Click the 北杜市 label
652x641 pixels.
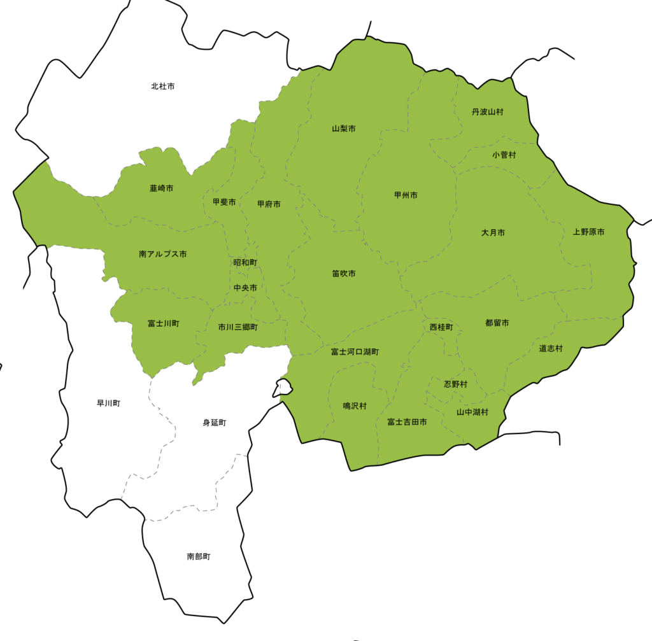tap(163, 86)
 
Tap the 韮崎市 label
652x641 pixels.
tap(162, 188)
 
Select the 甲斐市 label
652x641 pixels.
tap(224, 202)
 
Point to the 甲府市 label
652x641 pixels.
tap(269, 204)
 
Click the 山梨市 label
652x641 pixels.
tap(344, 129)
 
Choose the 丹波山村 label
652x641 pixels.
tap(488, 112)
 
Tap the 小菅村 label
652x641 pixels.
tap(504, 155)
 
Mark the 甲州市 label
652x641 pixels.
tap(406, 195)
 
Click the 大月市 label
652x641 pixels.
tap(493, 233)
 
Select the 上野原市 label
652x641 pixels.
tap(588, 232)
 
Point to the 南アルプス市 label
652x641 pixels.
tap(163, 254)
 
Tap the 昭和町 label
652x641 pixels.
tap(245, 262)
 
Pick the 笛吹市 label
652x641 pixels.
tap(344, 274)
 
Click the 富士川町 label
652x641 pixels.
tap(164, 323)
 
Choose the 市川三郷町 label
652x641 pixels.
tap(238, 327)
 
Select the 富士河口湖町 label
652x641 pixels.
tap(355, 351)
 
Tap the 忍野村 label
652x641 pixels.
tap(456, 384)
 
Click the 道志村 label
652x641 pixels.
tap(551, 348)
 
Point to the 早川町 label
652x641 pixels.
tap(108, 403)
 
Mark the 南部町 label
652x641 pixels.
tap(199, 556)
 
